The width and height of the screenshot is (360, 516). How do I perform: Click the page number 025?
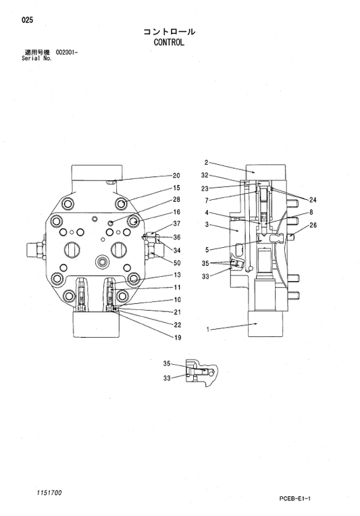(x=27, y=20)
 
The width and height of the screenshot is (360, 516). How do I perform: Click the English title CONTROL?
(x=169, y=41)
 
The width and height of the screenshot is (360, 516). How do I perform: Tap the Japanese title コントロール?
(x=169, y=31)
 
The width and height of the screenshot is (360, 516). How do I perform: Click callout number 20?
(x=176, y=176)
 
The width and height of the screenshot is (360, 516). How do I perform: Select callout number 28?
(x=176, y=199)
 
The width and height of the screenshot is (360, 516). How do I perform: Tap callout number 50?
(x=176, y=263)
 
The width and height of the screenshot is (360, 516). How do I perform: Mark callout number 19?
(x=176, y=337)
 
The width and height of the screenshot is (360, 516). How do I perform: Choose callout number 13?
(x=176, y=275)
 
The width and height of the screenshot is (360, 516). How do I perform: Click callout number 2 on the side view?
(x=205, y=163)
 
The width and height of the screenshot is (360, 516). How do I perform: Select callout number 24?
(x=313, y=199)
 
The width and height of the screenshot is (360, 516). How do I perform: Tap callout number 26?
(x=313, y=226)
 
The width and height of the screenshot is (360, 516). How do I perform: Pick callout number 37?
(x=176, y=224)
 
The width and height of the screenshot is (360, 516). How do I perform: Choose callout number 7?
(x=207, y=200)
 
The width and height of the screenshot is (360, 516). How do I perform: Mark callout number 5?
(x=207, y=249)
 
